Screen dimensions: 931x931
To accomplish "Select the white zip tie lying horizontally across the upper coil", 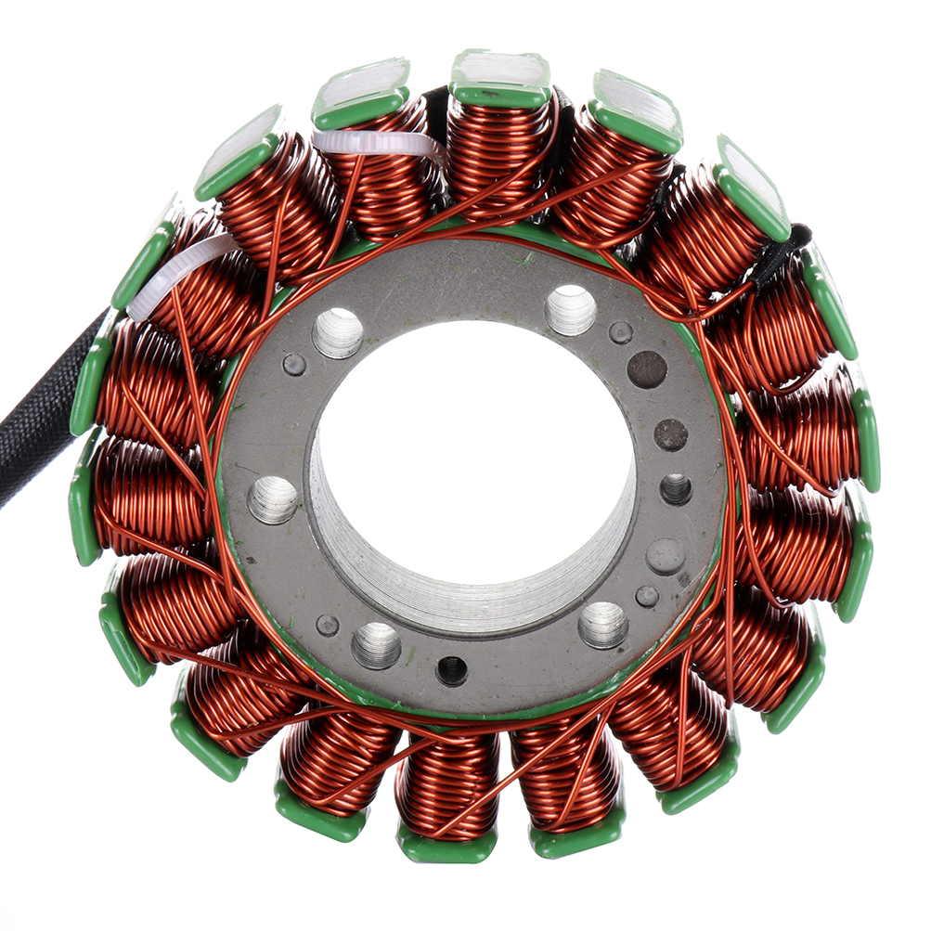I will [376, 144].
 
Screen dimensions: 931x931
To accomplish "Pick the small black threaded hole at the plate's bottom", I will [452, 670].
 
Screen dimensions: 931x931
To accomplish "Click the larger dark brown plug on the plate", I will [647, 369].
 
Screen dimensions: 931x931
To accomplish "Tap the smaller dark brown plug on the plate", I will [670, 434].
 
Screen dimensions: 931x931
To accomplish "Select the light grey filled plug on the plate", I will [665, 556].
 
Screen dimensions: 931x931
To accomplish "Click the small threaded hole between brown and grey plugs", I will [675, 488].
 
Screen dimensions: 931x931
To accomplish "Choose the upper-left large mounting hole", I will [338, 332].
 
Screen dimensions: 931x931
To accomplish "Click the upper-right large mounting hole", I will [570, 310].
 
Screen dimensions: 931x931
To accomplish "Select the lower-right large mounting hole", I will [602, 625].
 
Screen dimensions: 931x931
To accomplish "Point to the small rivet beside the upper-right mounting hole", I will [620, 333].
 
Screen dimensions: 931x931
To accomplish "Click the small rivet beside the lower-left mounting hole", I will [328, 625].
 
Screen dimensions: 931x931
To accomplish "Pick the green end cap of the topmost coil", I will [500, 78].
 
